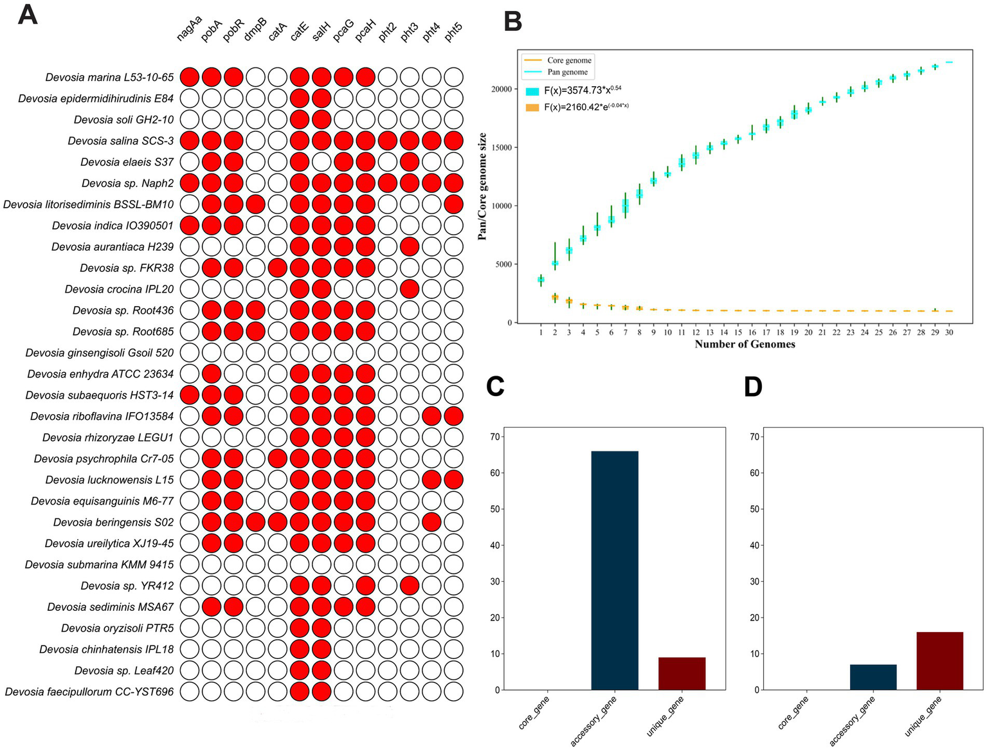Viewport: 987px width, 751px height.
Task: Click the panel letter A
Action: (27, 14)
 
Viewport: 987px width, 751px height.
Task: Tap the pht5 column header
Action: (453, 32)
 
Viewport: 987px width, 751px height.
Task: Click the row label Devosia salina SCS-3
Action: (121, 141)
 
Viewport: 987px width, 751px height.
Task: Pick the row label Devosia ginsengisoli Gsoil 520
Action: (100, 353)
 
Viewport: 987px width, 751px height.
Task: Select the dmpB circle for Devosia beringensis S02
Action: (255, 522)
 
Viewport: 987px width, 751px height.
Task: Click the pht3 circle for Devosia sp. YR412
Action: (410, 586)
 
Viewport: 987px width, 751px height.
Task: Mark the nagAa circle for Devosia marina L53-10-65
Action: (189, 77)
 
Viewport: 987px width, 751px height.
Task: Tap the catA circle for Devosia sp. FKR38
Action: (277, 268)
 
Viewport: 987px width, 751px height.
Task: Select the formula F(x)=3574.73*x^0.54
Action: (582, 91)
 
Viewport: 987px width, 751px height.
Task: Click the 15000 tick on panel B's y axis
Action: (502, 148)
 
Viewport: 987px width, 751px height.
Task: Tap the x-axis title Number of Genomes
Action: (745, 345)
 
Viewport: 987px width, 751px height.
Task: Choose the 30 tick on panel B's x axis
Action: (949, 332)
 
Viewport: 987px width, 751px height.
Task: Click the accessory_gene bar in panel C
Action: (614, 570)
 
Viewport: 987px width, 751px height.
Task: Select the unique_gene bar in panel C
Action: (682, 673)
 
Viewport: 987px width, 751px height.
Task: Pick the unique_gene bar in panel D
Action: (939, 661)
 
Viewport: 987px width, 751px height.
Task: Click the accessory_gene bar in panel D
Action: (873, 677)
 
